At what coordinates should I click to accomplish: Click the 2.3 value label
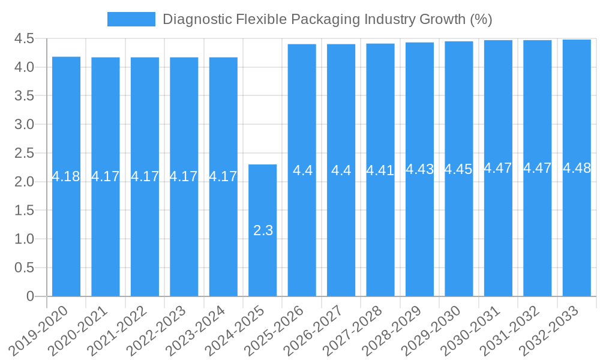pyautogui.click(x=263, y=230)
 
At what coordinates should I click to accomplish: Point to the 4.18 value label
pyautogui.click(x=66, y=176)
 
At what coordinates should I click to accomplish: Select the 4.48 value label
pyautogui.click(x=577, y=168)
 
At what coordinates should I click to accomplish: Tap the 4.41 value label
pyautogui.click(x=380, y=170)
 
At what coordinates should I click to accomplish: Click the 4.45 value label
pyautogui.click(x=459, y=169)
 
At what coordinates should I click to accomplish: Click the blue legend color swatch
pyautogui.click(x=131, y=19)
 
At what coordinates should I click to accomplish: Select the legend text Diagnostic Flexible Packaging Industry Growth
pyautogui.click(x=328, y=19)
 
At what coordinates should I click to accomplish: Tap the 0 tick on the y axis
pyautogui.click(x=31, y=296)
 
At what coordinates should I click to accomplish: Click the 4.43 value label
pyautogui.click(x=419, y=169)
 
